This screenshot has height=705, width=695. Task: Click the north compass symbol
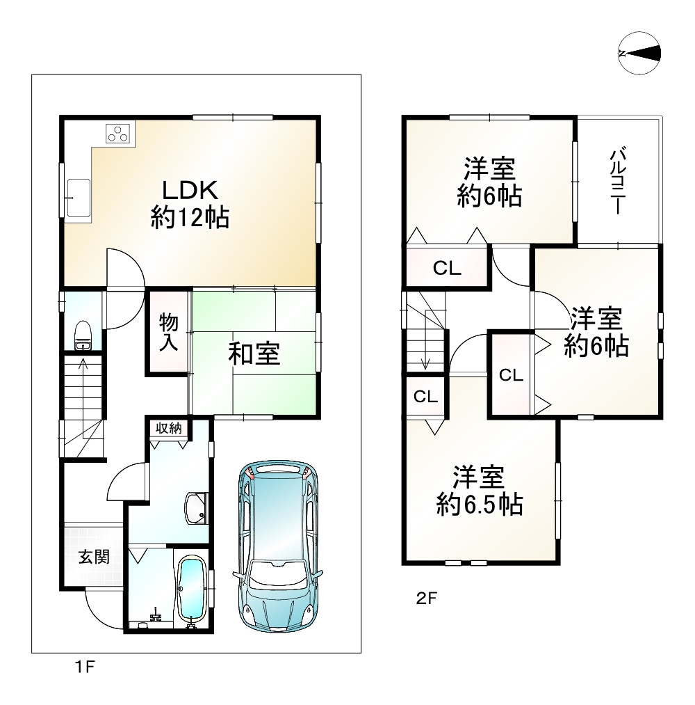tap(639, 54)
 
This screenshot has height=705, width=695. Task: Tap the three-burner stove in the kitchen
tap(118, 133)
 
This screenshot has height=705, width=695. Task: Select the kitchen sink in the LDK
tap(79, 198)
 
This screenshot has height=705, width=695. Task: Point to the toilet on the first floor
tap(83, 335)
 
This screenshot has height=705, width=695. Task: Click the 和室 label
tap(254, 354)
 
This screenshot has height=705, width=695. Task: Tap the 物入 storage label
tap(169, 332)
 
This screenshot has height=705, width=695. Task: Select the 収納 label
tap(169, 429)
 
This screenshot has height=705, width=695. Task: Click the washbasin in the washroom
tap(196, 508)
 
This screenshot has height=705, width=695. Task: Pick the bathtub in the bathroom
tap(193, 590)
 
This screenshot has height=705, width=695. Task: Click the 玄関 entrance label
tap(95, 557)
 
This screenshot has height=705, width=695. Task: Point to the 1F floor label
tap(85, 666)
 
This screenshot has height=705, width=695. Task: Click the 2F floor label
tap(427, 599)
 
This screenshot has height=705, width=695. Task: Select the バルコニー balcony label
tap(619, 180)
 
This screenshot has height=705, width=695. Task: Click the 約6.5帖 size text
tap(480, 505)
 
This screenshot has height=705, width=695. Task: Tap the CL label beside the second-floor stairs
tap(425, 397)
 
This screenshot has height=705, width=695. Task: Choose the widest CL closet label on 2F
tap(447, 269)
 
